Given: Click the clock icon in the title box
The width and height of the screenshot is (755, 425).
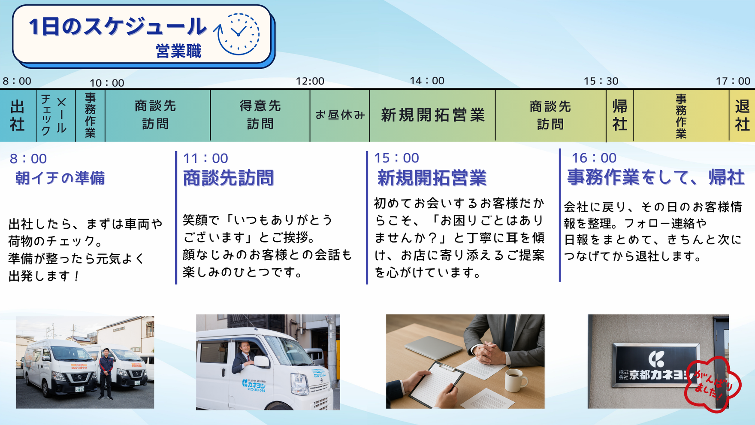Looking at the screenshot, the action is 237,34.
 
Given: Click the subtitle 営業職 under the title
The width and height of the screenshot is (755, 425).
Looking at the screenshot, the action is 178,51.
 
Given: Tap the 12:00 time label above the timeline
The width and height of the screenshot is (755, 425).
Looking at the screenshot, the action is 310,81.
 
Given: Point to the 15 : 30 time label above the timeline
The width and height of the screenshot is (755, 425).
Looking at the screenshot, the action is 601,81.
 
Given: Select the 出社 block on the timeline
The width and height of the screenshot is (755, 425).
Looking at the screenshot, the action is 18,115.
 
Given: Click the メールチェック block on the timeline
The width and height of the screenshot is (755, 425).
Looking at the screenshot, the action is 56,115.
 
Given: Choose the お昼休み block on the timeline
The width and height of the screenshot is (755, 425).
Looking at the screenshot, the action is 340,115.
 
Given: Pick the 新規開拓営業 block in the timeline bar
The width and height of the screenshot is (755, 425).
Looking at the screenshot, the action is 432,115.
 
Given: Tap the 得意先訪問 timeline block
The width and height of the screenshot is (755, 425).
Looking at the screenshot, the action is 260,115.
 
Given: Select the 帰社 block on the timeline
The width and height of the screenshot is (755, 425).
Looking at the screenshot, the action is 620,115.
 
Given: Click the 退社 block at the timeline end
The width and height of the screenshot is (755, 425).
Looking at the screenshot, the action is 742,115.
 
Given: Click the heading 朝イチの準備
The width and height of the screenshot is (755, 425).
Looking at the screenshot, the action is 60,178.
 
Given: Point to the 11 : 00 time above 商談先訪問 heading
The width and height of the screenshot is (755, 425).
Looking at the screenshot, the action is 205,158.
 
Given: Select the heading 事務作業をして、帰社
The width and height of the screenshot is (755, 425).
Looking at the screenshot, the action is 655,177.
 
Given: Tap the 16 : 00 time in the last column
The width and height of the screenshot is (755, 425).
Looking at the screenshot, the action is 594,158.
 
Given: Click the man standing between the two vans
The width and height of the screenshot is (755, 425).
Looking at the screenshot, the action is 106,373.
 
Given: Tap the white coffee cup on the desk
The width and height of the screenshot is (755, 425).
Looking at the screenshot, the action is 515,379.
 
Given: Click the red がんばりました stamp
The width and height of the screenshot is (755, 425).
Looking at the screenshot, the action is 712,384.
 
